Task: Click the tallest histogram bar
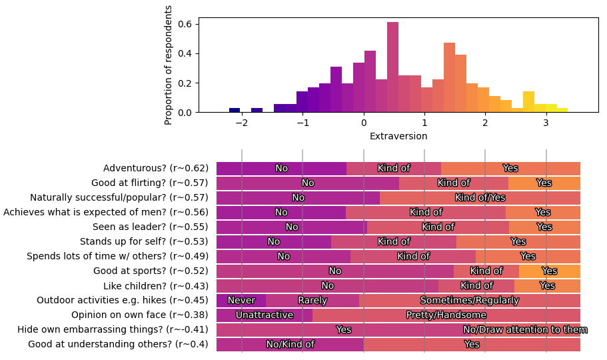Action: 392,67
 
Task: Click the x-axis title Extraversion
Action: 398,136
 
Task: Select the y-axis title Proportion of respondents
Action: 169,65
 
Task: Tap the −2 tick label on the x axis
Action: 241,123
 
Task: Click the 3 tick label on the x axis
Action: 546,123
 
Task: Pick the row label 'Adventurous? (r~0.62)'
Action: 156,169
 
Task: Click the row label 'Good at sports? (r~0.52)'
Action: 151,271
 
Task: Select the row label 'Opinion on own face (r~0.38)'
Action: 140,315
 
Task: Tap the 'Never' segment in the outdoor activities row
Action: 241,301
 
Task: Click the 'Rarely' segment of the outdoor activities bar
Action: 312,301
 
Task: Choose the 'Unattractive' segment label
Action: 265,315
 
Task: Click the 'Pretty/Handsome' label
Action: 446,315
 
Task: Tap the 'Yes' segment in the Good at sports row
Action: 550,271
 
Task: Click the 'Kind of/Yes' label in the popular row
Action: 480,198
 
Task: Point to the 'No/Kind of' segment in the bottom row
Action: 290,345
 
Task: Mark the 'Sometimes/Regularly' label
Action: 469,301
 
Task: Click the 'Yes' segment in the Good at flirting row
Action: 544,183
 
